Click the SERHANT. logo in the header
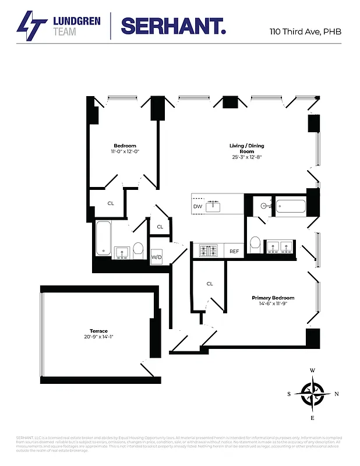(x=173, y=26)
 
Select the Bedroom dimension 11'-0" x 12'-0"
(x=125, y=151)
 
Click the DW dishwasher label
(x=197, y=206)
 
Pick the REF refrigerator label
(x=234, y=251)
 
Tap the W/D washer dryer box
(x=156, y=257)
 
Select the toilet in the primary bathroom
(x=255, y=245)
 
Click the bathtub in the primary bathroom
(x=290, y=206)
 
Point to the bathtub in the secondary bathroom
(x=104, y=238)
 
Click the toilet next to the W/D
(x=139, y=250)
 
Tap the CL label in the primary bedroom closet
(x=210, y=284)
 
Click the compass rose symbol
(x=313, y=393)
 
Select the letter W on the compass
(x=313, y=370)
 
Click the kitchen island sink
(x=215, y=206)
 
